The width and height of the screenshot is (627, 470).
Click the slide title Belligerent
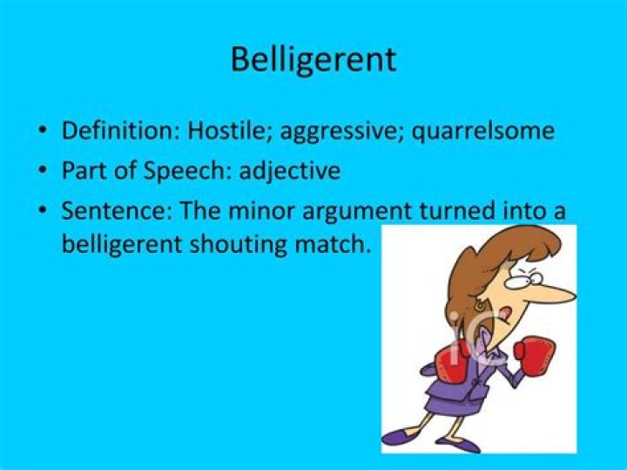313,60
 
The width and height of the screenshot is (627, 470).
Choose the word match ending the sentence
335,245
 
